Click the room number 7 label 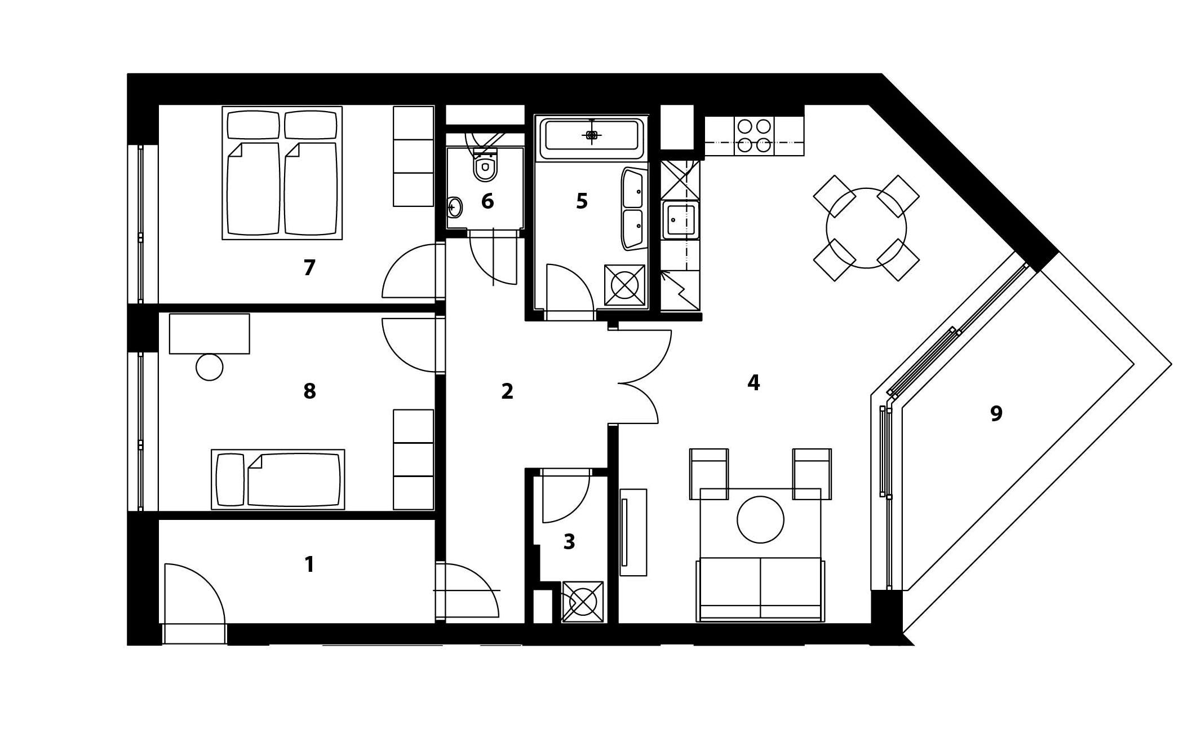(x=309, y=268)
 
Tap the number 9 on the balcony (x=996, y=414)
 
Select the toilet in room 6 (x=485, y=166)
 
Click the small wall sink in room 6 (x=455, y=208)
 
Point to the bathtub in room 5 (x=591, y=135)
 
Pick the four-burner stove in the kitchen (x=754, y=135)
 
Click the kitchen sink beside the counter (x=681, y=219)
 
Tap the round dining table (x=866, y=228)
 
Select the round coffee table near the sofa (x=760, y=519)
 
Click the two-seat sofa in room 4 (x=760, y=589)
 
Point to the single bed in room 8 (x=278, y=479)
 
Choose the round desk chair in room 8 (x=209, y=367)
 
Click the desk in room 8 (x=209, y=334)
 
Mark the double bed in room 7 (x=282, y=173)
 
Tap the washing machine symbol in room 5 (x=624, y=285)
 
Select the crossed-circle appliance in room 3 (x=583, y=602)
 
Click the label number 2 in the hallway (x=507, y=391)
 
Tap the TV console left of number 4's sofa (x=633, y=532)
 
